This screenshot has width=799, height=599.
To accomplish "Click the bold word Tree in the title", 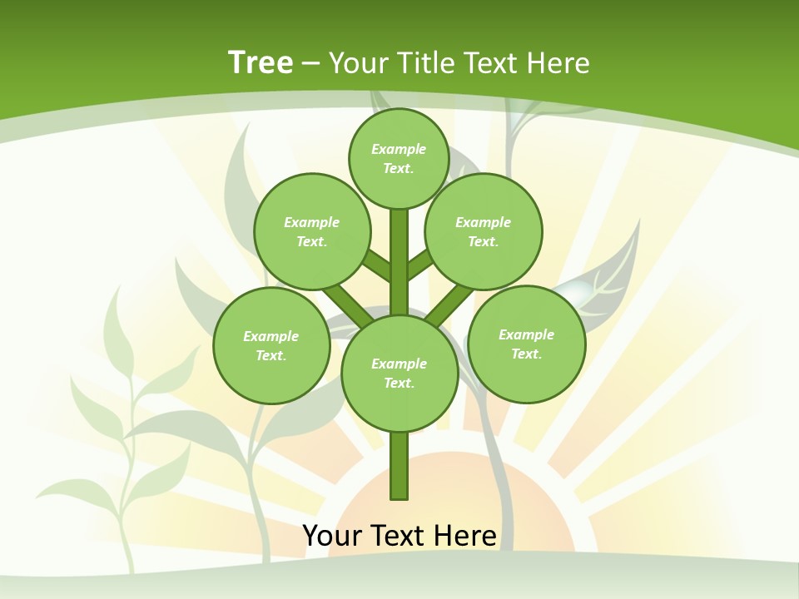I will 261,63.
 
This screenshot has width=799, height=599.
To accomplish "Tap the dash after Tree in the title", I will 310,64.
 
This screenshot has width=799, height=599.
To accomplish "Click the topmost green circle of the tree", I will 399,158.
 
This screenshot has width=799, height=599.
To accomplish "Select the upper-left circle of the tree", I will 311,231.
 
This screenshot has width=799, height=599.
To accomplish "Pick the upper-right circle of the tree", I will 483,231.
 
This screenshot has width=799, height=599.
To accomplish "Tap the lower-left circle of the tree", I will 270,345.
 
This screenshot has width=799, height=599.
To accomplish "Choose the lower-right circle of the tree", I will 526,344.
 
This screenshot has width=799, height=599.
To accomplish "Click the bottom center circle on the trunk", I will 399,373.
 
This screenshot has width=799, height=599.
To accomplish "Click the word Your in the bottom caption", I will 331,536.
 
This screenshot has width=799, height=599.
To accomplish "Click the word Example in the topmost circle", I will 399,149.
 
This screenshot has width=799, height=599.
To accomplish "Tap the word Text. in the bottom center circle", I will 399,383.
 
